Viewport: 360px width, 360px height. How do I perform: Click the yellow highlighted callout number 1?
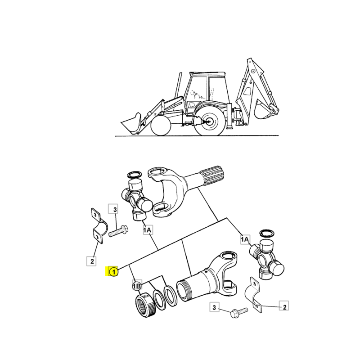pos(114,272)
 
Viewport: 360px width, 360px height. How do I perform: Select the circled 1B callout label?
pos(137,286)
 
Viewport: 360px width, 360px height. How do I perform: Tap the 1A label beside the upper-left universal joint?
pos(148,230)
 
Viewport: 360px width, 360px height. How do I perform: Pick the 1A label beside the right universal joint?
pos(245,239)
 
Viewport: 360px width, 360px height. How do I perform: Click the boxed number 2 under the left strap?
pos(92,261)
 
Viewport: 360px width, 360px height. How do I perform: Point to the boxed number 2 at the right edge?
pos(284,307)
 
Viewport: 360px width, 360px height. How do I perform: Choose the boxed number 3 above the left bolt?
pos(114,209)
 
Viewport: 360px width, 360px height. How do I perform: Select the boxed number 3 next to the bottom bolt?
pos(215,307)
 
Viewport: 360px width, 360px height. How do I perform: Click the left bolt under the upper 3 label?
pos(118,231)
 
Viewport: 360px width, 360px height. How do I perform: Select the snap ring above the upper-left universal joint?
pos(134,175)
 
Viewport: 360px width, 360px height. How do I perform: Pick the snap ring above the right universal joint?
pos(266,233)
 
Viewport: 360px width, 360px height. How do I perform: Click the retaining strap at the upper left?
pos(99,226)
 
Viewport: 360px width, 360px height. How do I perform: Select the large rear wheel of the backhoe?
pos(210,121)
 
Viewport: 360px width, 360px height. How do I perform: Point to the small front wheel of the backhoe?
pos(161,126)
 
